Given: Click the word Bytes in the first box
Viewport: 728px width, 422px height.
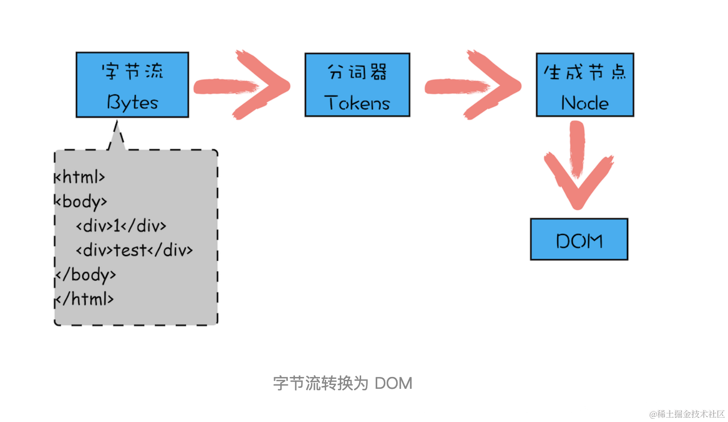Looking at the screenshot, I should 133,102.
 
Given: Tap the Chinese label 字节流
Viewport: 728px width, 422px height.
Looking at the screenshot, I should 133,72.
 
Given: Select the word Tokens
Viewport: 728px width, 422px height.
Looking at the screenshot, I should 357,103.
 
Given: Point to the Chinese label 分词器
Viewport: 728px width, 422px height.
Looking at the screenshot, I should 357,72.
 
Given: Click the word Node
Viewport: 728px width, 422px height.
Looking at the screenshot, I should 585,103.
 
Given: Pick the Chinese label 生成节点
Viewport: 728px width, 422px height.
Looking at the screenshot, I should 585,73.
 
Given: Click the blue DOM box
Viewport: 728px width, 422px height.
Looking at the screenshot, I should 579,239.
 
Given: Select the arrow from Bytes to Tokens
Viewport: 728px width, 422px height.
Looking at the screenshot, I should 241,85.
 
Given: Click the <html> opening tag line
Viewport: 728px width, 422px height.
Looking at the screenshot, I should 80,177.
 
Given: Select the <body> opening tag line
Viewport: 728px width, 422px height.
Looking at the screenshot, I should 81,202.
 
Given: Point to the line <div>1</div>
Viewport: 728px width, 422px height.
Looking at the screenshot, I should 121,226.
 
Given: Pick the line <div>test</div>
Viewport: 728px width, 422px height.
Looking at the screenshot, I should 134,250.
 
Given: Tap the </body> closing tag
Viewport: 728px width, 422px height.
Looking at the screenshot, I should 86,275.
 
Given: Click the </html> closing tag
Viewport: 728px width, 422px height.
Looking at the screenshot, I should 85,299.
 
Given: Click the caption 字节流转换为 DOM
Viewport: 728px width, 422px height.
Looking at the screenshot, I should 343,383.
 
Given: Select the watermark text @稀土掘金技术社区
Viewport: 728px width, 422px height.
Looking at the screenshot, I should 687,414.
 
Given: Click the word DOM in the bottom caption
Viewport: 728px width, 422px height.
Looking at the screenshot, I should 393,383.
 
